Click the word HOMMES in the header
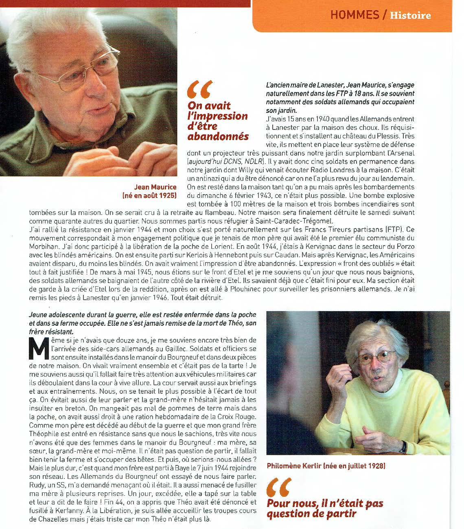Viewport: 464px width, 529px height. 354,15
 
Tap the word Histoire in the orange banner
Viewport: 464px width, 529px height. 410,15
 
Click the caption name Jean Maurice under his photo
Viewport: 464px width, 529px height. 155,187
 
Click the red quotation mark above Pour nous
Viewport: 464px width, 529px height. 279,486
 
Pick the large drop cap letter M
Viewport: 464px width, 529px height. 38,349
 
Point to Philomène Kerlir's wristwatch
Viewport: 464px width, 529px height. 403,447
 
